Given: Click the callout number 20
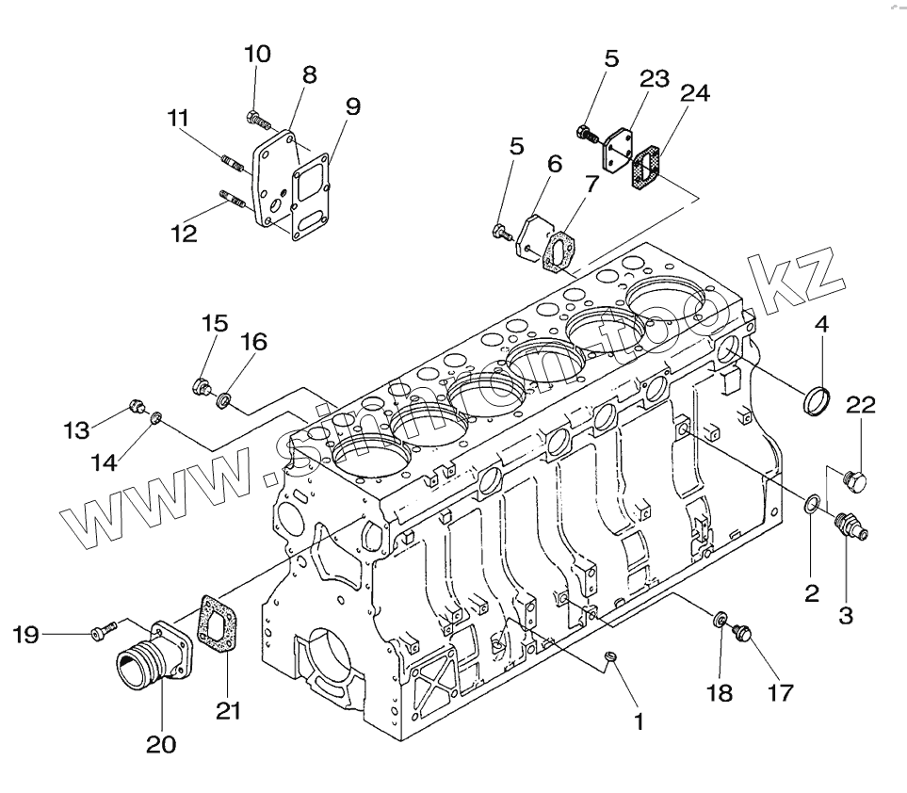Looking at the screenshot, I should coord(160,744).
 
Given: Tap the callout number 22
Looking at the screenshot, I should coord(860,406).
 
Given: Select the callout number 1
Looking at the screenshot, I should coord(638,722).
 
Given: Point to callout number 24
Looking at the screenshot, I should coord(696,93).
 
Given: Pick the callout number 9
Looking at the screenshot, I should coord(351,105).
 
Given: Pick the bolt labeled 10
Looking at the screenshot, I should coord(255,119).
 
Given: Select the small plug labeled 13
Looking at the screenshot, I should coord(138,407).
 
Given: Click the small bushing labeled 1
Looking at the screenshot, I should coord(610,655).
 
